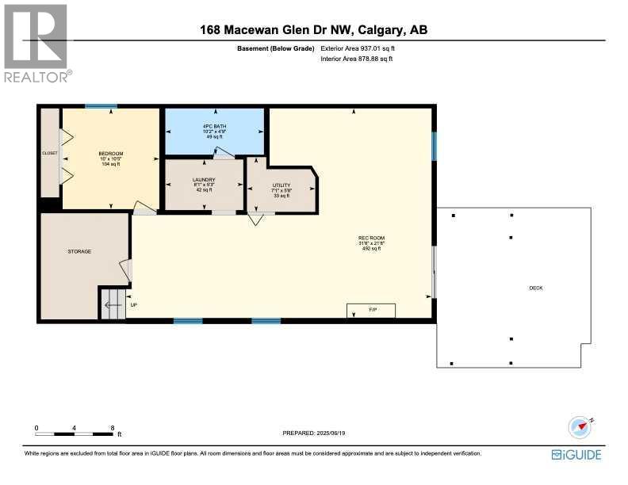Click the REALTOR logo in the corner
point(36,43)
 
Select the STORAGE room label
point(79,251)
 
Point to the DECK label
point(536,288)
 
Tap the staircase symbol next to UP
point(112,304)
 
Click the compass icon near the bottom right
point(581,427)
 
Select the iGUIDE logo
point(576,454)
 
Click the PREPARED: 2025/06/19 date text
point(315,433)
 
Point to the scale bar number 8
point(113,427)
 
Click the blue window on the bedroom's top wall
point(101,106)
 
